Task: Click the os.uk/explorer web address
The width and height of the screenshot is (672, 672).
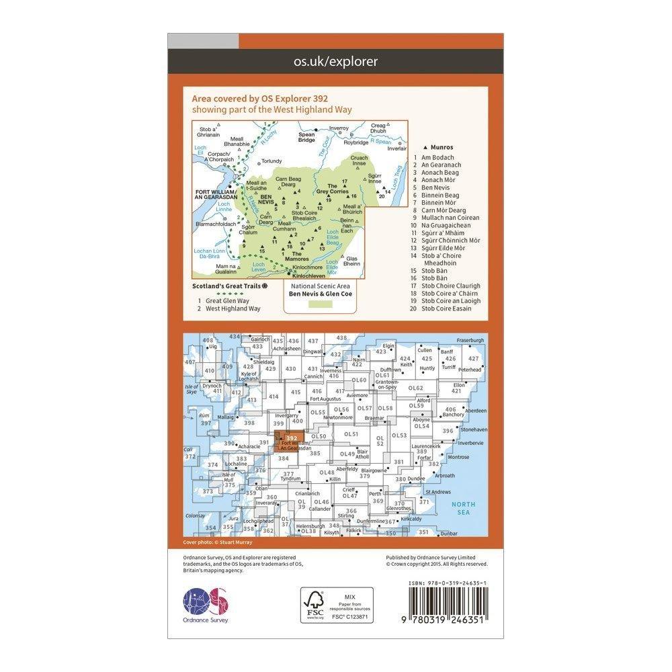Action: (x=335, y=62)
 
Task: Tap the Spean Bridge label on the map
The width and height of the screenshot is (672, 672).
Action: (x=306, y=137)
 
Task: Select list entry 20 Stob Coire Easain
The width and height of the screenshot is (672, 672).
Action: (x=450, y=308)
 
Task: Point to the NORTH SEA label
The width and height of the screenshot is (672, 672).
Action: (x=464, y=509)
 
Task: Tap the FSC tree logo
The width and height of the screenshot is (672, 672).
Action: (x=313, y=604)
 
